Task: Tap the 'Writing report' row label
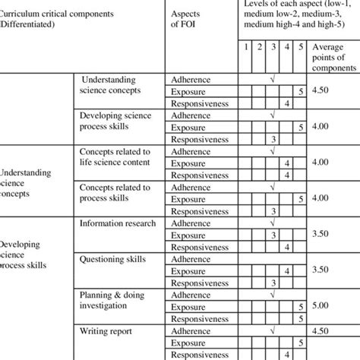pos(106,331)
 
